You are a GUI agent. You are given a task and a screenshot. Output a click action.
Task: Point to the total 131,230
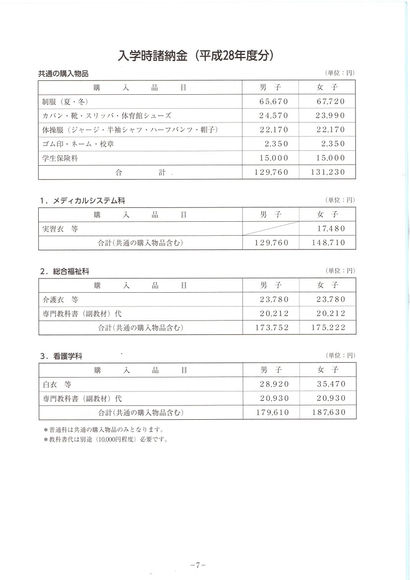click(x=328, y=172)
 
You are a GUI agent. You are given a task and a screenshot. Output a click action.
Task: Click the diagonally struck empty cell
click(x=271, y=229)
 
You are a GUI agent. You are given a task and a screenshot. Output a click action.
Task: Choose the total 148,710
click(x=328, y=243)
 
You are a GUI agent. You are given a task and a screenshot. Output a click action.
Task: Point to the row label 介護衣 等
click(x=60, y=300)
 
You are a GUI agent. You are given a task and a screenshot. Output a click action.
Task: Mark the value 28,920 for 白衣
click(x=273, y=384)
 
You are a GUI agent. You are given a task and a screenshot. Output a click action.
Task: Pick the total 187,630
click(x=328, y=412)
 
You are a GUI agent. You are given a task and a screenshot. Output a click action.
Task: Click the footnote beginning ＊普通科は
click(x=104, y=430)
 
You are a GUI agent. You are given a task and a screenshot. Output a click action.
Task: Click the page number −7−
click(x=198, y=565)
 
